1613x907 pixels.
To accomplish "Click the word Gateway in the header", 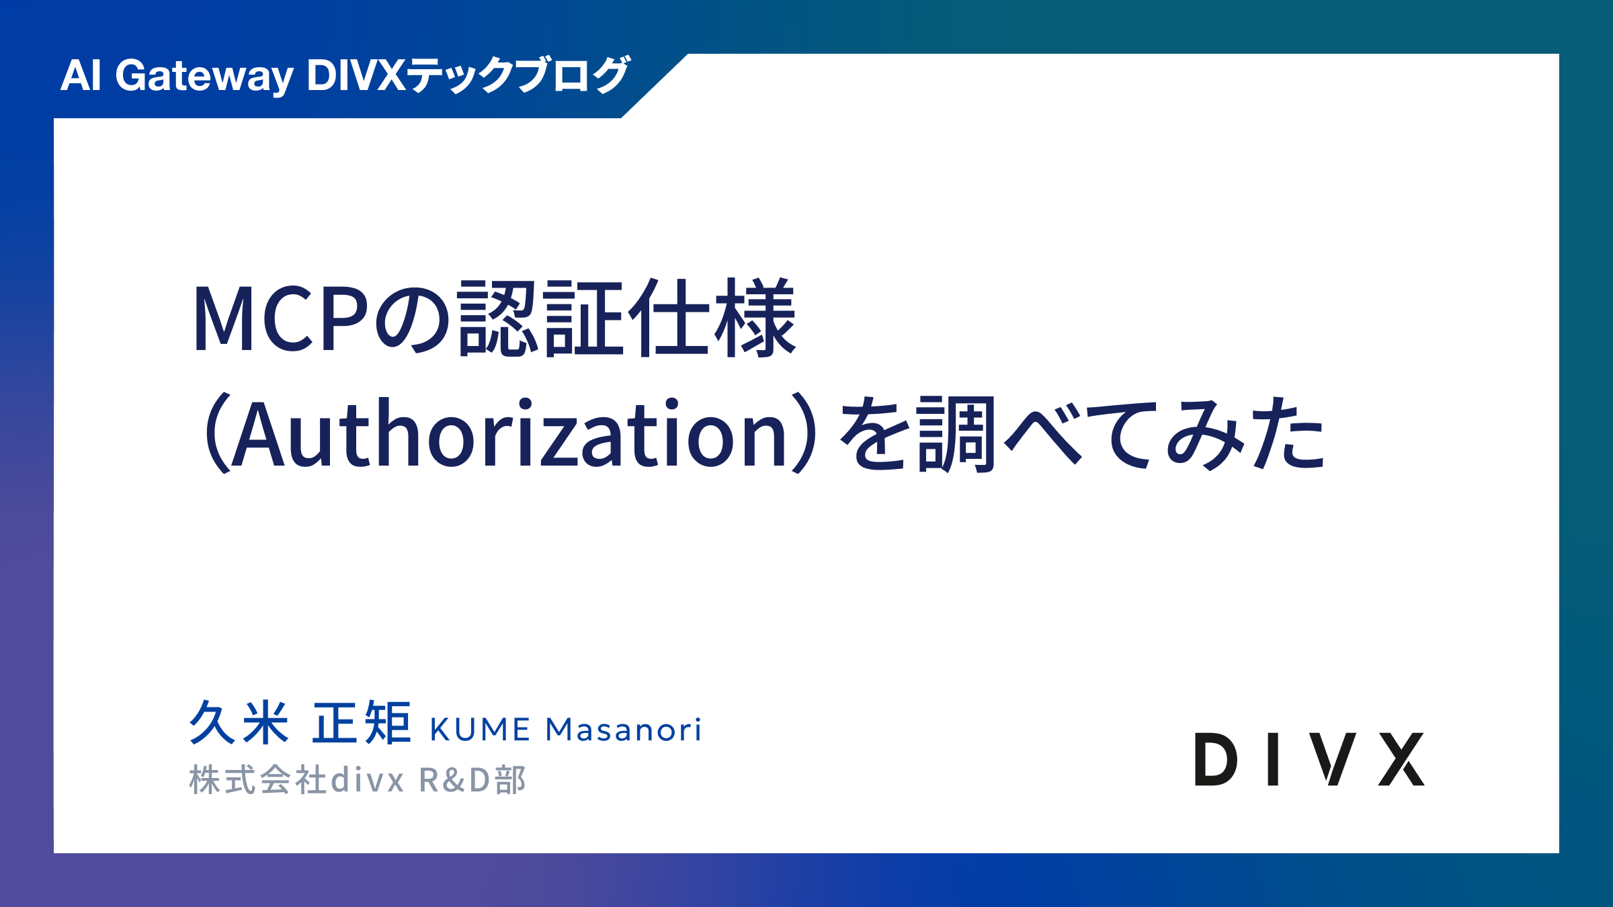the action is tap(204, 77).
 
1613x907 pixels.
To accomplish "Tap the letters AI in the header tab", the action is tap(81, 75).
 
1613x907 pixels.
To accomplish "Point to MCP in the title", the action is tap(282, 318).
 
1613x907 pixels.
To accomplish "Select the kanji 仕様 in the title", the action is tap(711, 317).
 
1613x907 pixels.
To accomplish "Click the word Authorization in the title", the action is tap(509, 433).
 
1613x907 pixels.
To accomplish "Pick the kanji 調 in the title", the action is tap(956, 433).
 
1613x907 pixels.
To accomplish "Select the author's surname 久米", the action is tap(239, 722).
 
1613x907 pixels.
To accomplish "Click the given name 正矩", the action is tap(362, 722).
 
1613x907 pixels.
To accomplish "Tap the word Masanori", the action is tap(624, 730).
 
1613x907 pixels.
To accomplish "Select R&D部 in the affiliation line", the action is tap(472, 780).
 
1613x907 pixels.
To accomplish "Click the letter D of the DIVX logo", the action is tap(1216, 759).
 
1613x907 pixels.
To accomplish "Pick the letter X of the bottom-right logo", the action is tap(1401, 759).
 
